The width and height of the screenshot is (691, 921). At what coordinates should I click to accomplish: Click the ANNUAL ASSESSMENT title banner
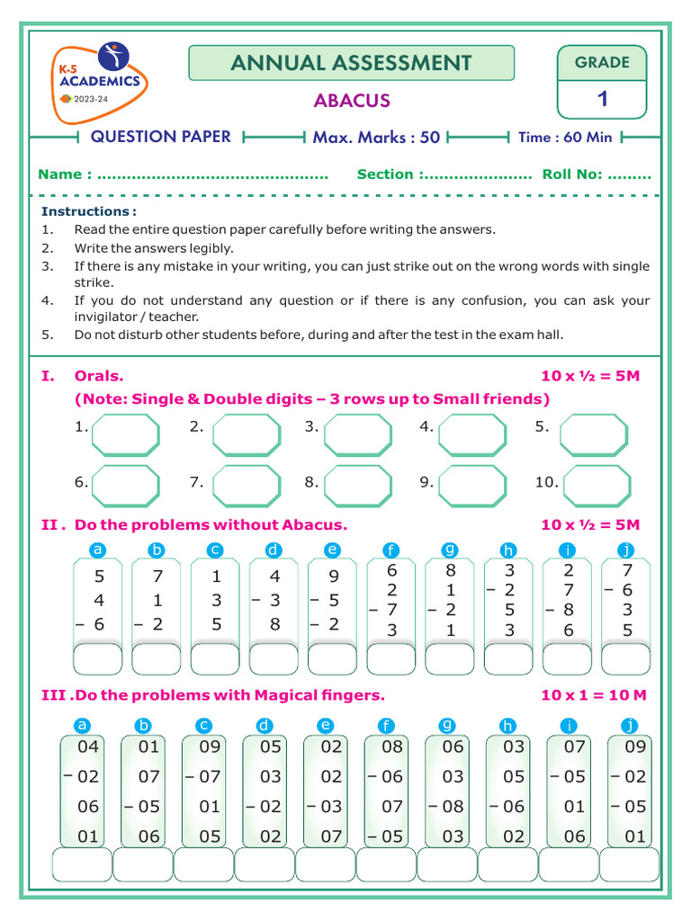(351, 63)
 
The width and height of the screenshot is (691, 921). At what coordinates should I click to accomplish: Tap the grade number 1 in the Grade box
(602, 99)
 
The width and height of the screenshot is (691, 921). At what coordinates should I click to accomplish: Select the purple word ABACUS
(352, 101)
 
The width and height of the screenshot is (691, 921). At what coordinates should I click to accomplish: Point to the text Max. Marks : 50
(376, 138)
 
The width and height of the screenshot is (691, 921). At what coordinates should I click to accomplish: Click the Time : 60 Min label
(565, 138)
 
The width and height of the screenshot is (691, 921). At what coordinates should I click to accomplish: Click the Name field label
(63, 174)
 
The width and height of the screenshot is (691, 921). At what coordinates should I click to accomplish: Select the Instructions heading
(89, 211)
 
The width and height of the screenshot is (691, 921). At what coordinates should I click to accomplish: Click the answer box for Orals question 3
(357, 435)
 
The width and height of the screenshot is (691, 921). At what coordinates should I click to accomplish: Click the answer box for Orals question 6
(126, 487)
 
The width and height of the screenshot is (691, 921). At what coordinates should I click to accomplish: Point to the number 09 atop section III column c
(210, 747)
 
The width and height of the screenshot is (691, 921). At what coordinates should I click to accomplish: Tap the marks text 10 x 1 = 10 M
(594, 695)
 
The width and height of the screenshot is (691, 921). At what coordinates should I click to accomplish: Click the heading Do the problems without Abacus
(211, 525)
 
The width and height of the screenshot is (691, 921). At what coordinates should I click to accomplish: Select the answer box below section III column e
(326, 864)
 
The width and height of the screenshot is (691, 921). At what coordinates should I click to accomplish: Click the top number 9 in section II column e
(334, 577)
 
